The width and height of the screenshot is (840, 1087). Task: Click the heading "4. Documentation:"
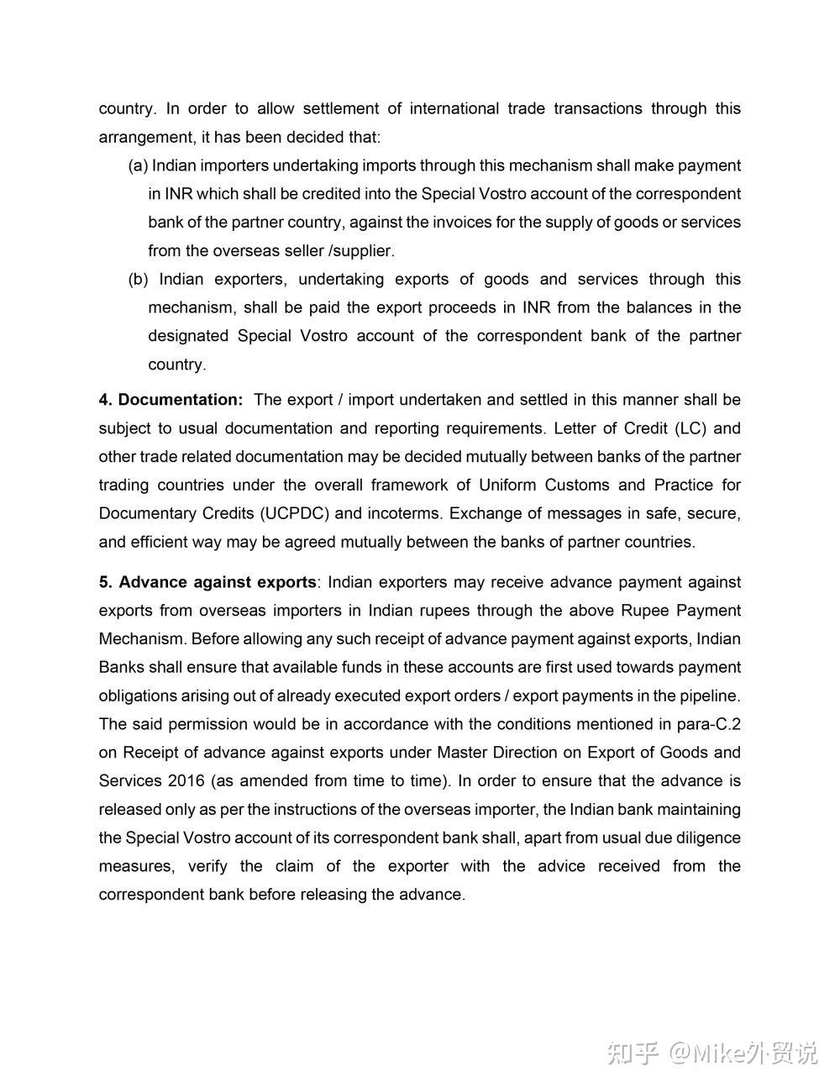171,400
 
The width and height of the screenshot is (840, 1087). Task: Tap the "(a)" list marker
138,165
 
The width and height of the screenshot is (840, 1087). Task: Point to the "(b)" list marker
138,279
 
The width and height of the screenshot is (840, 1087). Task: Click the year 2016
186,780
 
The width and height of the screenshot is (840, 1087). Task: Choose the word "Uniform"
507,485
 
